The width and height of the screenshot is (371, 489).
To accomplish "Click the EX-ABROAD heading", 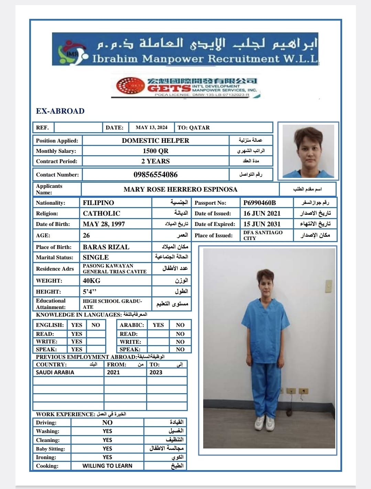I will coord(60,111).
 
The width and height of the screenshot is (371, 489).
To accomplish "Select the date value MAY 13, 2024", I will coord(151,127).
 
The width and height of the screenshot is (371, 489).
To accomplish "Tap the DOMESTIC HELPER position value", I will coord(155,140).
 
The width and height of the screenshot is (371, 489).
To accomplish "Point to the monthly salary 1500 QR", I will coord(155,151).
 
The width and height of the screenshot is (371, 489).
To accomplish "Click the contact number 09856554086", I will coord(155,174).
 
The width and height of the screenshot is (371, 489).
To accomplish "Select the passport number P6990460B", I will coord(260,203).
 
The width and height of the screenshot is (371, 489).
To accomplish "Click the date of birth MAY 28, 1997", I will coord(104,224).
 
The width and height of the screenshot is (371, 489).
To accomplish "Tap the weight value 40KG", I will coord(91,281).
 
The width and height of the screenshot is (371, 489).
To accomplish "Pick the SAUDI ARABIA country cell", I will coord(55,372).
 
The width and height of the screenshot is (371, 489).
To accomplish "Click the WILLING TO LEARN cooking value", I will coord(107,466).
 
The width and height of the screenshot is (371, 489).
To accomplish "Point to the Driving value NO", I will coord(107,422).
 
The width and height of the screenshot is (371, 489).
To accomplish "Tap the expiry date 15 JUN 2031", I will coord(262,224).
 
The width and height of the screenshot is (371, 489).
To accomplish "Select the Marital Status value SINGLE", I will coord(96,257).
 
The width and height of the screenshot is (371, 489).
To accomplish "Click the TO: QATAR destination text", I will coord(194,127).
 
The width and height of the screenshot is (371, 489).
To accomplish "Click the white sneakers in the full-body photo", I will coord(265,423).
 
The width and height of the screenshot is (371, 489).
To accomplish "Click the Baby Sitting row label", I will coord(51,448).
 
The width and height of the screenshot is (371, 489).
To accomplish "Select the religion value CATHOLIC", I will coord(101,213).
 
